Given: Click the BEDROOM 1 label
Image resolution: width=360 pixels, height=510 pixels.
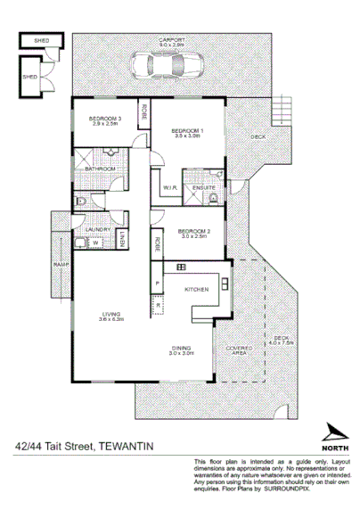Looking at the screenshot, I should (x=189, y=131).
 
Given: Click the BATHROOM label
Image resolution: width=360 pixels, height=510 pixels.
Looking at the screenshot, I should (x=99, y=169).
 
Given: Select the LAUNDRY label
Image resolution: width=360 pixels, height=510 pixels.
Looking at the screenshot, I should (x=97, y=229).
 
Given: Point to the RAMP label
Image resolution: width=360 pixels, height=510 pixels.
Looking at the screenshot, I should (x=61, y=266).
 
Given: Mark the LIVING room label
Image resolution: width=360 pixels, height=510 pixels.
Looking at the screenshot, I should (x=111, y=315).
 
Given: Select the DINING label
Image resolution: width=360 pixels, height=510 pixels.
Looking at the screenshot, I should (x=181, y=350).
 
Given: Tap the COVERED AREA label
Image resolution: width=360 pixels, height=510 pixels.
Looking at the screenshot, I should (x=238, y=350).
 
